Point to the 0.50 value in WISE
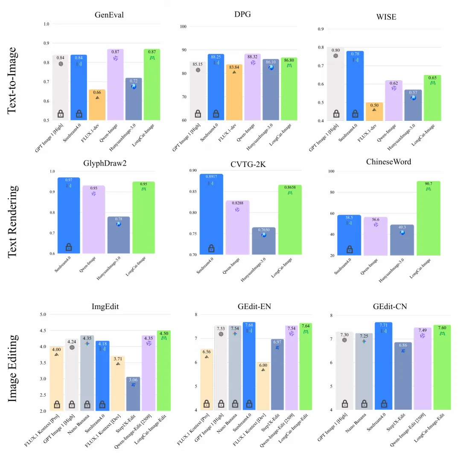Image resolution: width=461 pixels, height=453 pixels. pos(374,105)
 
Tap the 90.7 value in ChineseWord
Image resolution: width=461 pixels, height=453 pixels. pos(428,184)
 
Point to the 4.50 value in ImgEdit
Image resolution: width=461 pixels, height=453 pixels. pos(163,333)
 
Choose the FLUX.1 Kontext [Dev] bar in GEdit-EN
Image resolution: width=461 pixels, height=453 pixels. pos(263,386)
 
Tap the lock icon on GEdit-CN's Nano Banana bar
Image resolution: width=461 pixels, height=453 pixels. pos(364,403)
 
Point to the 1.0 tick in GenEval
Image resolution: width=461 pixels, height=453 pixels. pos(46,24)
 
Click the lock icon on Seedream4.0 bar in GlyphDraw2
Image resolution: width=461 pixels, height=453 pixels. pos(69,247)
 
